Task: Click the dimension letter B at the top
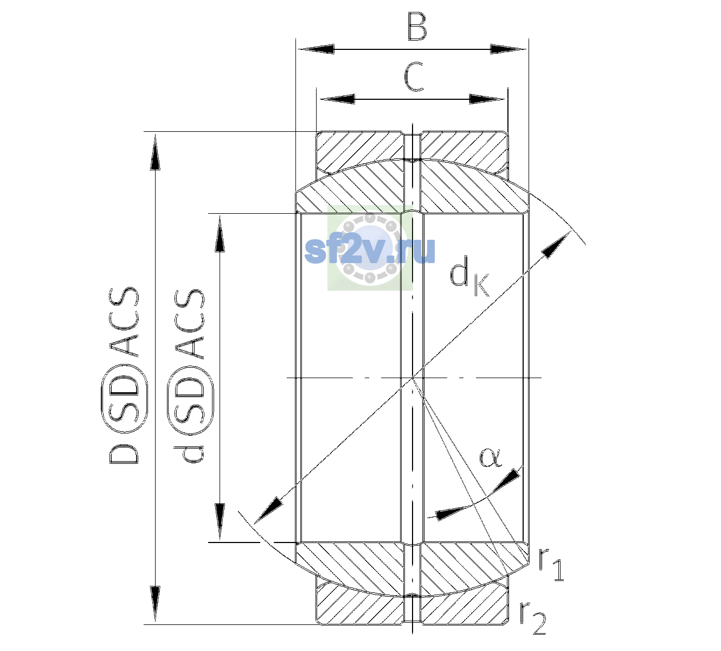click(417, 27)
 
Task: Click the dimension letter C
click(414, 77)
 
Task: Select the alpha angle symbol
click(490, 457)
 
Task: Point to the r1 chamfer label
click(551, 564)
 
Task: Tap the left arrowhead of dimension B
click(316, 49)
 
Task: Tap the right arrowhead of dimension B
click(508, 49)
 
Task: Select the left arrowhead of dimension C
click(337, 99)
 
